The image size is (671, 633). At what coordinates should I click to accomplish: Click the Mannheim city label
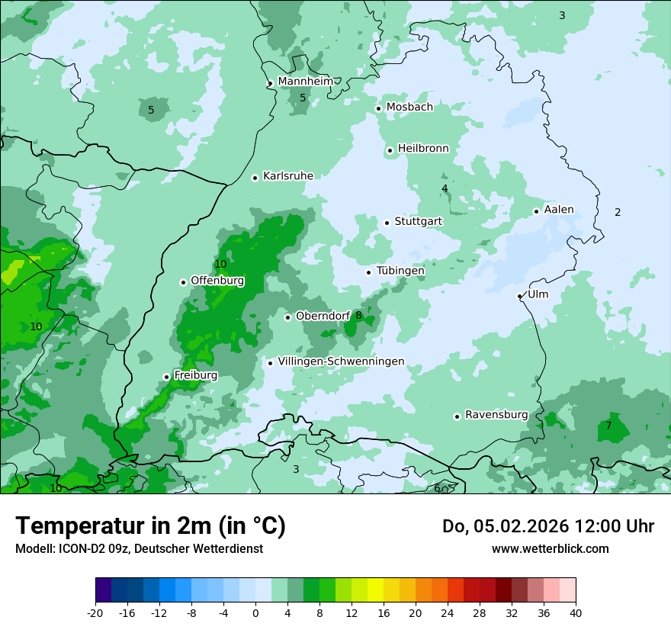click(306, 81)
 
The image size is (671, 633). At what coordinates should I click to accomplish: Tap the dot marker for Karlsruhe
click(255, 178)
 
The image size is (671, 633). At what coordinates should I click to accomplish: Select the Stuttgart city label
click(418, 221)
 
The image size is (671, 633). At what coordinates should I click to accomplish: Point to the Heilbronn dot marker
click(390, 150)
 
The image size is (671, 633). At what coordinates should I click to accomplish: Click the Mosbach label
click(409, 107)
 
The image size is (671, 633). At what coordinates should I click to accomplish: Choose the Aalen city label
click(559, 210)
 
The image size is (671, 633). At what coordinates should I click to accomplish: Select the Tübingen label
click(400, 271)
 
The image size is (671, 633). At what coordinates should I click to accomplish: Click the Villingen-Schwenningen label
click(341, 361)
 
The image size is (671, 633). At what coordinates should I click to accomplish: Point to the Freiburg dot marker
click(167, 377)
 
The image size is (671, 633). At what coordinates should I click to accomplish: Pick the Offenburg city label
click(217, 281)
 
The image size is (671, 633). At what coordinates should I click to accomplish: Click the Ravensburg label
click(496, 415)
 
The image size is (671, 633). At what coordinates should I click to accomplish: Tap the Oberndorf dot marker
click(288, 317)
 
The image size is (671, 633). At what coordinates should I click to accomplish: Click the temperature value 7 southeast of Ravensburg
click(608, 426)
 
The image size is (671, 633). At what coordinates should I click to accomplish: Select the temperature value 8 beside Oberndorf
click(358, 315)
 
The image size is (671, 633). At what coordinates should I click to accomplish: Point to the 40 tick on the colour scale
click(575, 612)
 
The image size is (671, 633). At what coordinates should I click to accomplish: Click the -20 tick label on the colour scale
click(95, 612)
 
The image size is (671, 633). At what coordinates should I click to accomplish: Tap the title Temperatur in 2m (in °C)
click(150, 526)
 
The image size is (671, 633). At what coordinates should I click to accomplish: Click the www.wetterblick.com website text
click(550, 548)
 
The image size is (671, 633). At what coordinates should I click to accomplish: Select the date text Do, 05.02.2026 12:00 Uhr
click(548, 526)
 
